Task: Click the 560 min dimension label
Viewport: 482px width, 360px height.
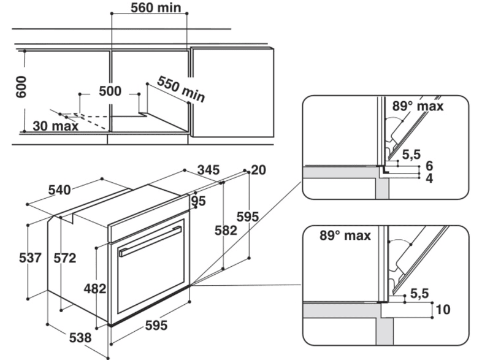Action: click(156, 9)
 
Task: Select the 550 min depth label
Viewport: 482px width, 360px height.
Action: click(181, 89)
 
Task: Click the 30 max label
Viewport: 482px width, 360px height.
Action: click(56, 126)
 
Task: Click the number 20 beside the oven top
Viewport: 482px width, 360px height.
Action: click(258, 170)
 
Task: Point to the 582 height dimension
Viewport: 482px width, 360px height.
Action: click(227, 231)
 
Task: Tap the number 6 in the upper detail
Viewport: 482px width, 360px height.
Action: click(429, 166)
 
